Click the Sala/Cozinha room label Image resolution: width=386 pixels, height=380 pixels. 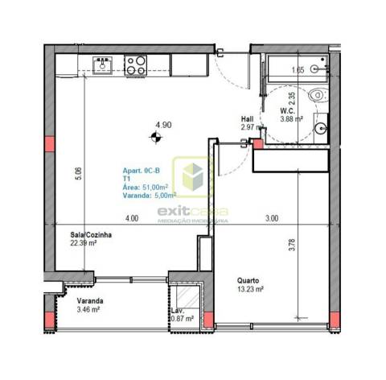90,235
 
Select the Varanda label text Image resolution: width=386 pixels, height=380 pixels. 89,301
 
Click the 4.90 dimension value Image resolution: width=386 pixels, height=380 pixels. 164,125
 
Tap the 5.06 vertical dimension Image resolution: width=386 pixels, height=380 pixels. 77,173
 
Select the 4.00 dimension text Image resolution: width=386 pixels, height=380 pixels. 132,218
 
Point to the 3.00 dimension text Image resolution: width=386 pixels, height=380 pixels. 272,218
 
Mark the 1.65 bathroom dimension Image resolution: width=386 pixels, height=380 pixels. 298,71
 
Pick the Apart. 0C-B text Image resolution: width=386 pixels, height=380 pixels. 142,171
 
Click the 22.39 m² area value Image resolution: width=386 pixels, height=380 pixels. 83,243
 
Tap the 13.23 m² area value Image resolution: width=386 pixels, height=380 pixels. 251,291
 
